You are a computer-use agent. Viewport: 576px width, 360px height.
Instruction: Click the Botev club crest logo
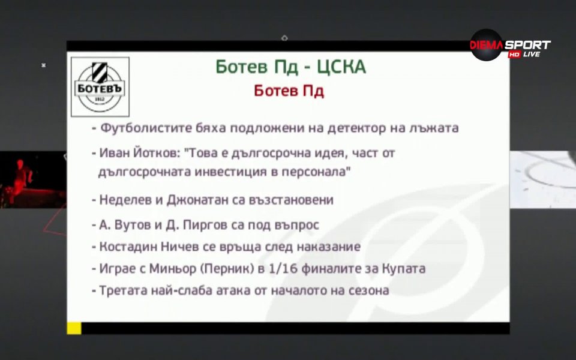click(x=100, y=86)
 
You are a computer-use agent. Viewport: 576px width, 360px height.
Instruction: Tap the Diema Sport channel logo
click(x=509, y=46)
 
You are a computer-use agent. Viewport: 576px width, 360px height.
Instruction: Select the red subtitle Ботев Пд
click(x=289, y=91)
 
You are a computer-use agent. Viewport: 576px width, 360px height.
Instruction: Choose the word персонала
click(x=320, y=172)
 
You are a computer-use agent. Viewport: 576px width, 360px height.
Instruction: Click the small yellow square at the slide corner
click(x=74, y=328)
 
